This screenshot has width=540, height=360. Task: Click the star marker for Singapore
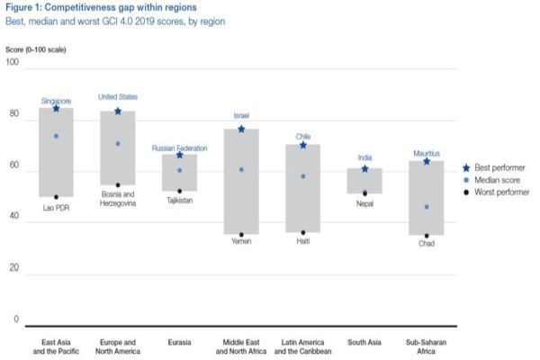[56, 109]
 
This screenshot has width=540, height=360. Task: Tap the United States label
[117, 96]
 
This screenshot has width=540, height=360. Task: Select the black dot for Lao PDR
[56, 197]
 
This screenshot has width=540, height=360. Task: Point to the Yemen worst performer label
[241, 242]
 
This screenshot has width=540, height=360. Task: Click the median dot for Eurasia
[179, 170]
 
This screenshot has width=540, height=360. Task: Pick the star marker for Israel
[241, 130]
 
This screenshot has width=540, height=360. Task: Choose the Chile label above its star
[303, 137]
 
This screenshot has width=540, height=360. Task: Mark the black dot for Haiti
[303, 233]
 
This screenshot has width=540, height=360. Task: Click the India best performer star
[364, 168]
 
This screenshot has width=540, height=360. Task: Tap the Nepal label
[364, 203]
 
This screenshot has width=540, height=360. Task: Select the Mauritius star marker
[427, 161]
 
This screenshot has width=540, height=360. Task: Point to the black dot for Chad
[427, 236]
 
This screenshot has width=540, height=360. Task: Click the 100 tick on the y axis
[12, 62]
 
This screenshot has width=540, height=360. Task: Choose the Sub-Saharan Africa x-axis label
[427, 346]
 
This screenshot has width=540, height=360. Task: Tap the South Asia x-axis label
[364, 342]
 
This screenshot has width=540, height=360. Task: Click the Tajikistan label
[179, 200]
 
